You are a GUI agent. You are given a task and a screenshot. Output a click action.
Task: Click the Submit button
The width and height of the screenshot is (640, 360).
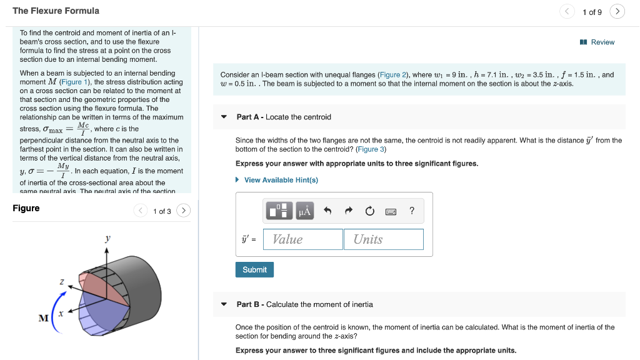coord(254,270)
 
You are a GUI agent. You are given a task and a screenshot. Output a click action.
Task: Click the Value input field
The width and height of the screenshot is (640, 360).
coord(303,239)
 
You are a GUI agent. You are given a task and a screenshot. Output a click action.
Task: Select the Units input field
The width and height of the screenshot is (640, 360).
coord(383,239)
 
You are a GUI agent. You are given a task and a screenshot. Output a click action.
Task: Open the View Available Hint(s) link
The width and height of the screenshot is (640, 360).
coord(281,180)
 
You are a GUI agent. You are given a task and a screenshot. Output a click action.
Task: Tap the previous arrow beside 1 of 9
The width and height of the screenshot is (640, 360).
coord(567,12)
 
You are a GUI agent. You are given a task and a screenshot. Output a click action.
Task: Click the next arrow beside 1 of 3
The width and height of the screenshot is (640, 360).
coord(184,211)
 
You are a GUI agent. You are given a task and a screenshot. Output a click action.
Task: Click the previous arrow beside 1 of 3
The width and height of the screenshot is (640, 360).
coord(142,211)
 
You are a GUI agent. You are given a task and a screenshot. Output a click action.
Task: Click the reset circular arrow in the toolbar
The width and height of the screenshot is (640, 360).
coord(369,211)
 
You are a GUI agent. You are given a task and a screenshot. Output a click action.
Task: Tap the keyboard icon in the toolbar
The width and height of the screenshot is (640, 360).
coord(391,211)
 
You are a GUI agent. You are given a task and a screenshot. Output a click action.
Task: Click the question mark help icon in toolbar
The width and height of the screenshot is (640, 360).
coord(411,211)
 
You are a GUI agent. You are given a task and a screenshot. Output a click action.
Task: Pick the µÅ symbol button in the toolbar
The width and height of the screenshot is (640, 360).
coord(304,211)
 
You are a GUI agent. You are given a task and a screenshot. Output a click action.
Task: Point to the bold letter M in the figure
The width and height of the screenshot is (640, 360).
coord(43,318)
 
